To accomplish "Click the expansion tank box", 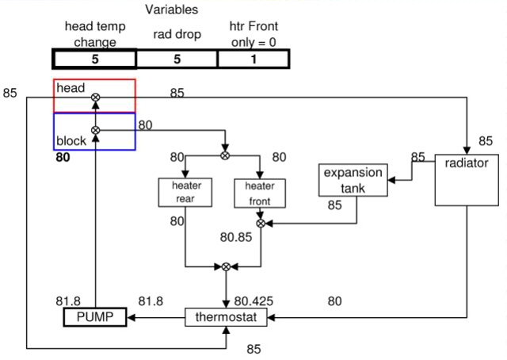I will [352, 180].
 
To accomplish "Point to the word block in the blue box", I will [71, 141].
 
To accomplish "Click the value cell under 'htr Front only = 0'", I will [253, 59].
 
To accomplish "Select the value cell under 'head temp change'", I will [95, 59].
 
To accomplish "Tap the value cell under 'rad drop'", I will [177, 59].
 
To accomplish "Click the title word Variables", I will [171, 10].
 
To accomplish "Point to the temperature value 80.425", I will [255, 301].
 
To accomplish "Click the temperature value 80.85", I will [236, 236].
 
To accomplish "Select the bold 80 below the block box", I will [63, 158].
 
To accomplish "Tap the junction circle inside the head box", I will [96, 98].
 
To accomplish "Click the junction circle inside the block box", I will [96, 129].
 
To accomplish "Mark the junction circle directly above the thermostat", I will [227, 267].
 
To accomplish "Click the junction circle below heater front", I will [260, 224].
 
